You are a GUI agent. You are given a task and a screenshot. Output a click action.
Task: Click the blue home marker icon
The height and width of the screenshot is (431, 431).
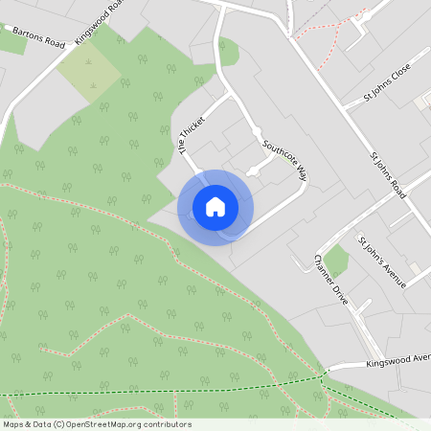point(215,207)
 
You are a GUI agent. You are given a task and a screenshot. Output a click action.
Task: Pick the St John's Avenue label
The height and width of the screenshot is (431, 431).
point(381,261)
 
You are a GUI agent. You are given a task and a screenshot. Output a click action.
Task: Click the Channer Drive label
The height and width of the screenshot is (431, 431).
point(331,281)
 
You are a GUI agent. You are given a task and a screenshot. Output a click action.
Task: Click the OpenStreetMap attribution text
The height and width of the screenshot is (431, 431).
point(97,424)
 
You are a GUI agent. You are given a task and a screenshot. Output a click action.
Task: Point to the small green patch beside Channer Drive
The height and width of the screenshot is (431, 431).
point(335,260)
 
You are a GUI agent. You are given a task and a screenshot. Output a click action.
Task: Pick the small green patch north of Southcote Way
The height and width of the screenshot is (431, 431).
point(228,50)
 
